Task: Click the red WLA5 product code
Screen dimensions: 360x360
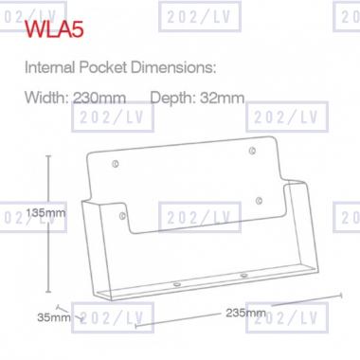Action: point(54,29)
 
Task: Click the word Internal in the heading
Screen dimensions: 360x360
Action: point(50,67)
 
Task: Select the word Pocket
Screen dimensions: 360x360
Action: point(102,67)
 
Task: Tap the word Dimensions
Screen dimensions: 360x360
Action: point(173,67)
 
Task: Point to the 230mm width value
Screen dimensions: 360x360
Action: point(99,98)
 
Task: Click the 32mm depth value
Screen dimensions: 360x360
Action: point(223,98)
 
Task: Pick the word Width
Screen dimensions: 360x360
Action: point(46,98)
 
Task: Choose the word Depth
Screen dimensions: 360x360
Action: point(173,99)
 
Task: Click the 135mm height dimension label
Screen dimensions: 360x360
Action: point(45,213)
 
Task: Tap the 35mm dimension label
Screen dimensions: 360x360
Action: point(54,317)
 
